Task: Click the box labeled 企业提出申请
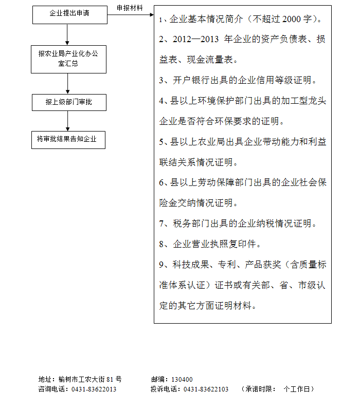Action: click(69, 13)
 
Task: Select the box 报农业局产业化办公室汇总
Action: click(68, 59)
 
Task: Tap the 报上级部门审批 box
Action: click(68, 103)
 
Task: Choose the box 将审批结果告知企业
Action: click(68, 140)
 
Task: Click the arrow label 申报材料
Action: click(130, 8)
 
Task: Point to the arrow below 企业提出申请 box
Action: click(68, 34)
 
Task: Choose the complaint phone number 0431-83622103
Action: click(206, 389)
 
